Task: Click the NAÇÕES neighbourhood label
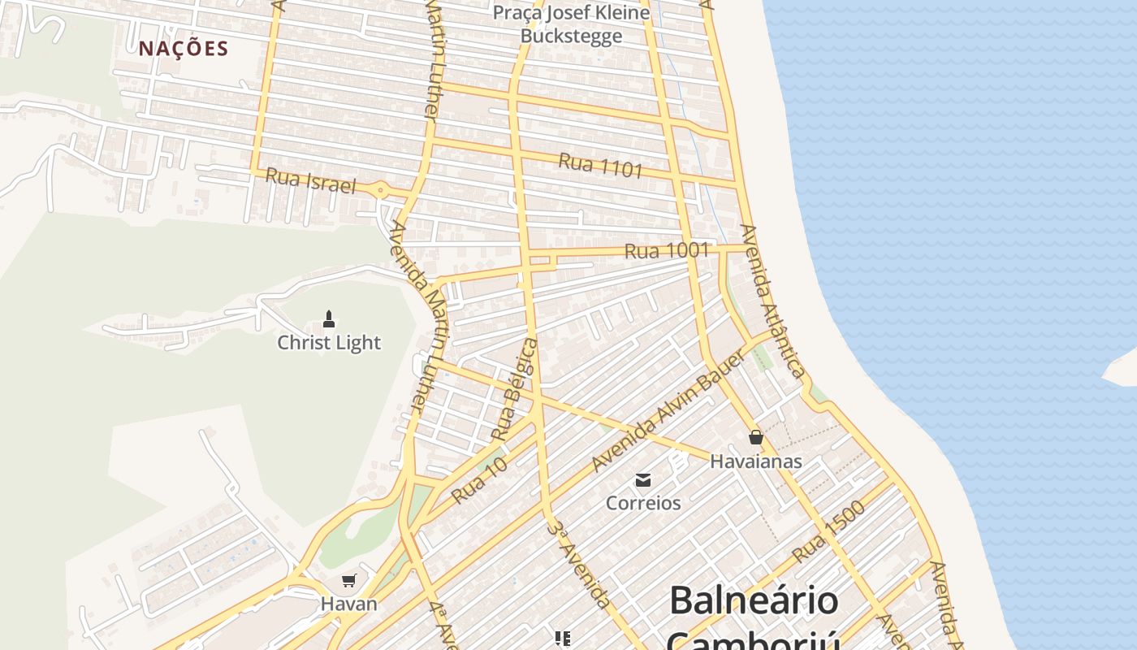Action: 184,49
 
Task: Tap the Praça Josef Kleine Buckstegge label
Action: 572,24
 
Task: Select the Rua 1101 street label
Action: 600,165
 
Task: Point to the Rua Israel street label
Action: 311,181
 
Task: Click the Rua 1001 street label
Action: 667,251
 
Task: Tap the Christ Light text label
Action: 329,342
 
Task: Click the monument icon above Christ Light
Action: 329,318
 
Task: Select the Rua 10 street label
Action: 479,479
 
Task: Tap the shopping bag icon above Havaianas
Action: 756,437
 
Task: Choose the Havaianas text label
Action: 756,461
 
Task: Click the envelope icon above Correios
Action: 643,479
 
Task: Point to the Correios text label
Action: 643,503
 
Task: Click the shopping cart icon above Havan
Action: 349,580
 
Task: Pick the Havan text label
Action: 349,604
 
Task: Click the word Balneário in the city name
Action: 754,600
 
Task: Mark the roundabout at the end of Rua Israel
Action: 380,190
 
